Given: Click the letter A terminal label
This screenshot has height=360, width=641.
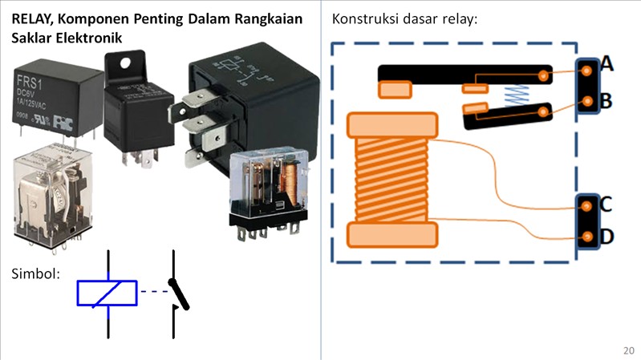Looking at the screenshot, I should click(x=607, y=64).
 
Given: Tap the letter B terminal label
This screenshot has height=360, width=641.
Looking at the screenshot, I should click(x=607, y=101).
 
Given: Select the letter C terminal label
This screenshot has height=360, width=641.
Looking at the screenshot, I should click(x=607, y=204).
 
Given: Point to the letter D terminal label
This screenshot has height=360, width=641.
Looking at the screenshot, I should click(x=607, y=237).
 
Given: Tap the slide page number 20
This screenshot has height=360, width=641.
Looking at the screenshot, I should click(x=628, y=350).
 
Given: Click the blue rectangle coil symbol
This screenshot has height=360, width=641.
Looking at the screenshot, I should click(x=107, y=293).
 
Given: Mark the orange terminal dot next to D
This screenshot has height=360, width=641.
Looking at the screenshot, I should click(x=589, y=237).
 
